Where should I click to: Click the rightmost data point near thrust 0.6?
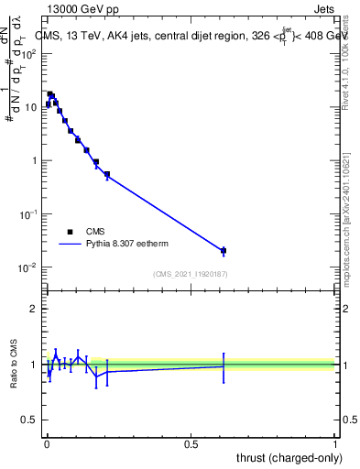tap(224, 250)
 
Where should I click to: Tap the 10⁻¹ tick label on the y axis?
tap(28, 214)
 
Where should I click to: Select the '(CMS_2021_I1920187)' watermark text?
tap(190, 274)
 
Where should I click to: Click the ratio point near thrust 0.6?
tap(224, 365)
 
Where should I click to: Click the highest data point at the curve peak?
tap(50, 94)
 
